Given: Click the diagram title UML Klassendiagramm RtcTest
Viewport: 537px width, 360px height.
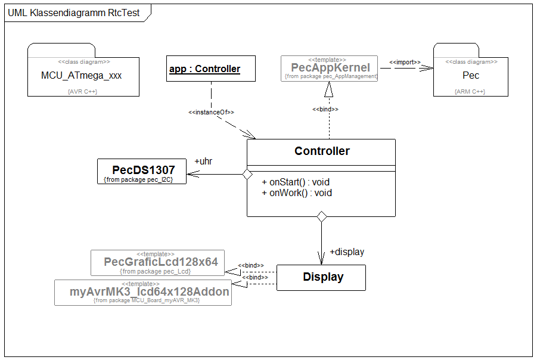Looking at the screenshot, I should click(x=74, y=13).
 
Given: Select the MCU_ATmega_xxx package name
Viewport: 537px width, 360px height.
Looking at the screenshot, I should click(x=82, y=76).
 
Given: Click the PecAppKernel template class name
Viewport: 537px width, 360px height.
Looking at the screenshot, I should click(x=330, y=67).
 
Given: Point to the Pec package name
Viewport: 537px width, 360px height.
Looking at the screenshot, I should click(x=471, y=76).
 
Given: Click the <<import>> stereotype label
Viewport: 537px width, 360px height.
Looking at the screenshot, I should click(x=405, y=62).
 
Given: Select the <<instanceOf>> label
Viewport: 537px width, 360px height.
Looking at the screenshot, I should click(x=211, y=112).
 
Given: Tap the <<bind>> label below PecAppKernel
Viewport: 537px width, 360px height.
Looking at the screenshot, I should click(x=326, y=109).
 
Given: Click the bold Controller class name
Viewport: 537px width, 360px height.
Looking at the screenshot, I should click(x=322, y=151).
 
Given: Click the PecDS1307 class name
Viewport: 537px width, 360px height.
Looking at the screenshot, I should click(x=144, y=170).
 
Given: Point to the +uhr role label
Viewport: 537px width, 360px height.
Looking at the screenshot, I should click(x=203, y=161).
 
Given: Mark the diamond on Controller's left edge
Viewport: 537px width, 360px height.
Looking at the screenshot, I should click(x=244, y=175).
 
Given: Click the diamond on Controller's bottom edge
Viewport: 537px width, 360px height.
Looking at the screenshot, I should click(x=322, y=217).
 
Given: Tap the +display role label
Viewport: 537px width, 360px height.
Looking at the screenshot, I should click(x=347, y=252).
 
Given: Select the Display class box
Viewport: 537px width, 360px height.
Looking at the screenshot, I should click(x=322, y=277).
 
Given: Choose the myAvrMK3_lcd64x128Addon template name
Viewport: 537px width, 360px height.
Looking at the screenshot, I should click(x=150, y=292).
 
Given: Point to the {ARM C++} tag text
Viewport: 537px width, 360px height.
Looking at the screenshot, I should click(x=470, y=92).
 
